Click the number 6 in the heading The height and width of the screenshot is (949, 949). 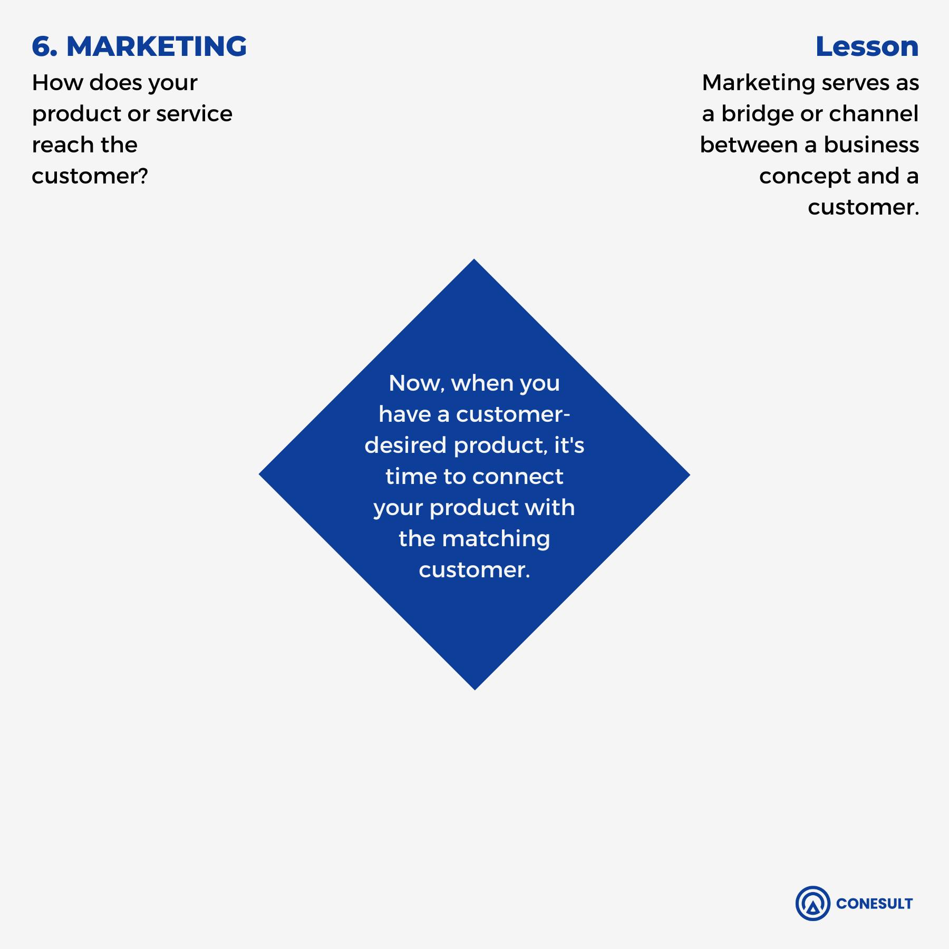click(42, 46)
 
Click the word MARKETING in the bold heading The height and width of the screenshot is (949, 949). click(157, 46)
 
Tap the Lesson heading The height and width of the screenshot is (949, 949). click(867, 46)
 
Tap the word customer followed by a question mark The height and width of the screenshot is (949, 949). click(90, 176)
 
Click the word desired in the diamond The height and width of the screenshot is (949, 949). click(405, 446)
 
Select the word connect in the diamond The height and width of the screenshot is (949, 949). click(518, 477)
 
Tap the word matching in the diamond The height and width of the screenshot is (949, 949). click(496, 539)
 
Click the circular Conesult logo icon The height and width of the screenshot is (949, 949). click(812, 903)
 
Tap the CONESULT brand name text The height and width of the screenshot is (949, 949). click(874, 904)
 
